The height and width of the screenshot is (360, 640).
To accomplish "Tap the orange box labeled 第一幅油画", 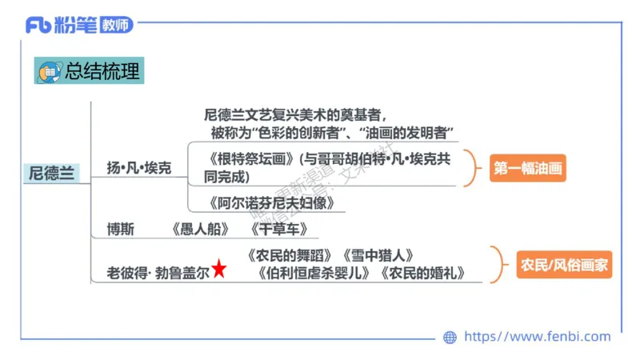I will tap(527, 168).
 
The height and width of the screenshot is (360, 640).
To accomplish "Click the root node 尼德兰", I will tap(51, 173).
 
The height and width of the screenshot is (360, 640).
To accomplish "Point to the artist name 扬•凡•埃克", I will tap(139, 169).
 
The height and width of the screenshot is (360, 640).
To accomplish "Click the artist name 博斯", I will tap(121, 230).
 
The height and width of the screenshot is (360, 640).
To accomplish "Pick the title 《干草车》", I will tap(277, 230).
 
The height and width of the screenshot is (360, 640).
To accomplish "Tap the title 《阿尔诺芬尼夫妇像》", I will tap(270, 202).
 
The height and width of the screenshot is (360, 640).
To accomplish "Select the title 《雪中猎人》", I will tap(378, 255).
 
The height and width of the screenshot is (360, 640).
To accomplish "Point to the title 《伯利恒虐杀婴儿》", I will tap(314, 273).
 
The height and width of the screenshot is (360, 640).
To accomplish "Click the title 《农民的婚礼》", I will tap(422, 273).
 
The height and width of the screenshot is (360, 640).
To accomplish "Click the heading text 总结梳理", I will tap(102, 71).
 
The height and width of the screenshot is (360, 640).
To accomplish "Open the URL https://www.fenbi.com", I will tap(537, 337).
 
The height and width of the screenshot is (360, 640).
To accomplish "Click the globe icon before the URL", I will tap(450, 338).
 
